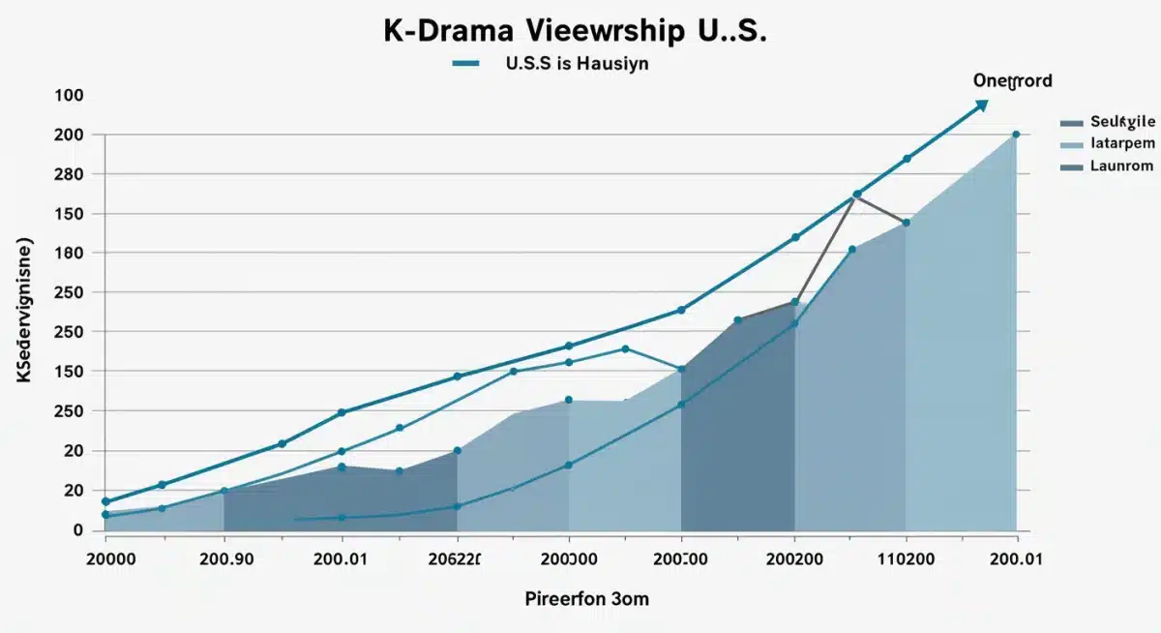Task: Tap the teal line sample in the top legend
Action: click(465, 64)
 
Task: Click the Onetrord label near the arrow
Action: click(1012, 80)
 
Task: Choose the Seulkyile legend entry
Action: click(1121, 122)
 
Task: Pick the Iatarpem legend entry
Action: click(1122, 143)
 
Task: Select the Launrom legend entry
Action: click(1121, 166)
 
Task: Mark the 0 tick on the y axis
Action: click(78, 530)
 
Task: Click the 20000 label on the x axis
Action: click(110, 558)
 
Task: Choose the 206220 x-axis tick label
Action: click(455, 558)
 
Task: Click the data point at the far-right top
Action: click(1016, 135)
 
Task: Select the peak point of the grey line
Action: click(856, 195)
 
